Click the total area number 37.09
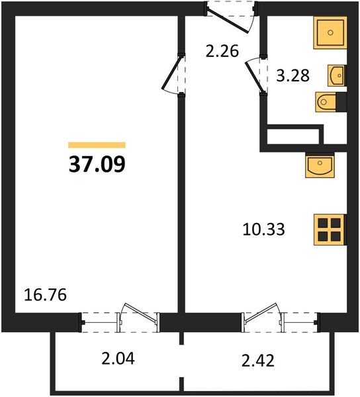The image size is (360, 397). coord(97,164)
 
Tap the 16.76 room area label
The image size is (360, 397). coord(45,294)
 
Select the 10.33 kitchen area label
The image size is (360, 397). coord(263,229)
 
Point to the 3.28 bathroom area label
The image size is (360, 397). coord(292,75)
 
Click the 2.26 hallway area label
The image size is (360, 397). coord(222,51)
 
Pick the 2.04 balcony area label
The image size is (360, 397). coord(118,359)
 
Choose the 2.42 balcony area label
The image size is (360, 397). coord(257,361)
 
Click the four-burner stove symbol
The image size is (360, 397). coord(330,230)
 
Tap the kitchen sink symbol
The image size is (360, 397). coord(320,165)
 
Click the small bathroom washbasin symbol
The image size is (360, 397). coord(337,75)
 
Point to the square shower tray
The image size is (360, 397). coord(330,32)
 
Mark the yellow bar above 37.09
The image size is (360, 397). coord(97,145)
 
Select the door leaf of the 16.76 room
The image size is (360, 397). coord(171,73)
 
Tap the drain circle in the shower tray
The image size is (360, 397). coord(330,32)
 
